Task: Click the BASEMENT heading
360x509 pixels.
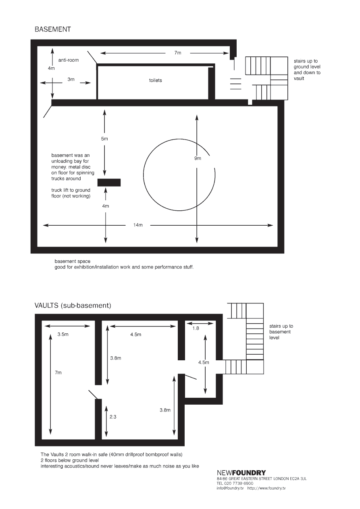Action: click(x=53, y=29)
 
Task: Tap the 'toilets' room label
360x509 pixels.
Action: click(x=156, y=80)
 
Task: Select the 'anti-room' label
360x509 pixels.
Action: click(x=69, y=60)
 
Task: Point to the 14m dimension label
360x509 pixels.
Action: click(x=138, y=225)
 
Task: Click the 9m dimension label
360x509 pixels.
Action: click(x=198, y=158)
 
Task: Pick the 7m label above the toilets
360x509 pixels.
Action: click(x=178, y=53)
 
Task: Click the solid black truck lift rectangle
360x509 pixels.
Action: click(x=109, y=183)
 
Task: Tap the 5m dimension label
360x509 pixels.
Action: click(x=104, y=139)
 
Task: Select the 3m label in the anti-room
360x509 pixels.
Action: click(x=71, y=79)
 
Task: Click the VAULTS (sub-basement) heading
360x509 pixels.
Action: click(x=73, y=305)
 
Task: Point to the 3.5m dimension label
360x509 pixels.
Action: click(x=63, y=334)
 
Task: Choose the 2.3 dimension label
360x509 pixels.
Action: click(x=113, y=417)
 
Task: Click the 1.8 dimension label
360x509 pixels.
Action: click(x=196, y=328)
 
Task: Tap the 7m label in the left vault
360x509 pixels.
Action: click(x=58, y=372)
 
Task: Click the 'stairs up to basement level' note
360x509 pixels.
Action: click(x=281, y=332)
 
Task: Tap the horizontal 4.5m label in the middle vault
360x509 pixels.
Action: click(x=136, y=334)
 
